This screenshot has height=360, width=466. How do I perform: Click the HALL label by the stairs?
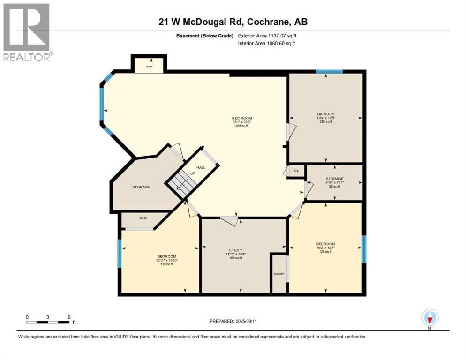(x=201, y=167)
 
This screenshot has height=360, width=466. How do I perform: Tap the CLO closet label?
(x=143, y=218)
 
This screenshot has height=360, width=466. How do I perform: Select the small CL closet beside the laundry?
(x=296, y=171)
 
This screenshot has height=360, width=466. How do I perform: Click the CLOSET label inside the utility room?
(x=279, y=274)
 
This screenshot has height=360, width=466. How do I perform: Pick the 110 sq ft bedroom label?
(x=166, y=256)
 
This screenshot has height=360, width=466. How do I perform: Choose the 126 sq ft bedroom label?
(x=325, y=244)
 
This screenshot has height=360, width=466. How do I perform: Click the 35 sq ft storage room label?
(x=334, y=179)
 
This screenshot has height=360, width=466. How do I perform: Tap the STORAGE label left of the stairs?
(x=141, y=187)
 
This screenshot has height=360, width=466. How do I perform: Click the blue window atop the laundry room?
(x=329, y=72)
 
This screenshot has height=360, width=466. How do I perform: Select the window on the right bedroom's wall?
(x=364, y=249)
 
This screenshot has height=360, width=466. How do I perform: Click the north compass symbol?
(x=429, y=318)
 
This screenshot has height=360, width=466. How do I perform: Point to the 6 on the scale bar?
(x=69, y=317)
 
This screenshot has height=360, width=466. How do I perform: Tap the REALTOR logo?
(x=27, y=32)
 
